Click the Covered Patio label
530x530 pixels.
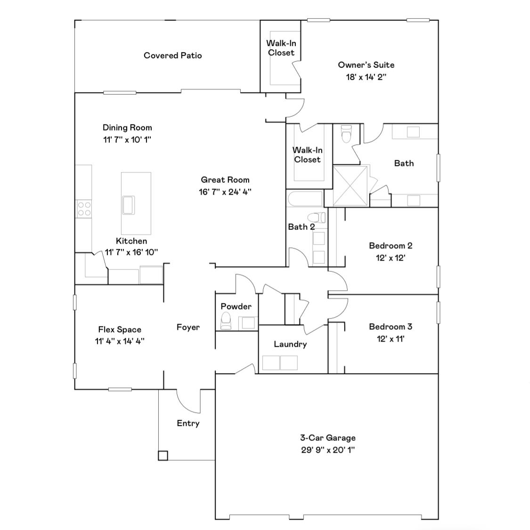(x=172, y=56)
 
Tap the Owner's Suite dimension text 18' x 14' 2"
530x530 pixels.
(x=366, y=77)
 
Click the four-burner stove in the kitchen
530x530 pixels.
(x=84, y=209)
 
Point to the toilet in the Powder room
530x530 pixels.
(x=226, y=321)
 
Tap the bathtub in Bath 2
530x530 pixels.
(x=304, y=198)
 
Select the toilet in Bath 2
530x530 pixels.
(x=316, y=218)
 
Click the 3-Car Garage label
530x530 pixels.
(x=328, y=438)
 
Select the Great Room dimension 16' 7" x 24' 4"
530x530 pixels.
(x=225, y=192)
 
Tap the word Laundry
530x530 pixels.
(x=290, y=344)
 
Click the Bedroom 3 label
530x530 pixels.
(x=391, y=326)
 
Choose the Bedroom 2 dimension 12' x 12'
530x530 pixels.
(x=391, y=258)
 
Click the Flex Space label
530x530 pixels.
(x=120, y=329)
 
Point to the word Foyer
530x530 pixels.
(x=188, y=327)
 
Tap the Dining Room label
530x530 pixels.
(x=127, y=128)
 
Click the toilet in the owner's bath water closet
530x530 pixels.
(x=346, y=134)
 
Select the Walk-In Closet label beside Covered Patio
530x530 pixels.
(x=281, y=48)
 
